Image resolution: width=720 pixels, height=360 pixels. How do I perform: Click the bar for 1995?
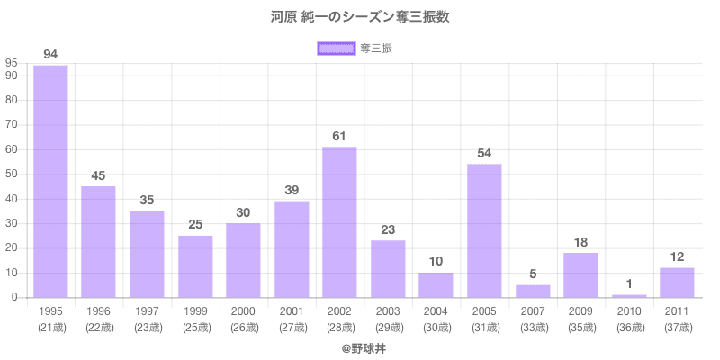(x=50, y=181)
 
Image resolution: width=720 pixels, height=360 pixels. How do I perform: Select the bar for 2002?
(x=339, y=222)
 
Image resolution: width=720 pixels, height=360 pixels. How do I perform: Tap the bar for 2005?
(x=484, y=230)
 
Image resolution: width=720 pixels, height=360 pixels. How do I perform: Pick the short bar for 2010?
(x=629, y=295)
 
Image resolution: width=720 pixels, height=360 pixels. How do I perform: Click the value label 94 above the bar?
(x=50, y=55)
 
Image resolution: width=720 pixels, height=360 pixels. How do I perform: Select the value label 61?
(x=339, y=136)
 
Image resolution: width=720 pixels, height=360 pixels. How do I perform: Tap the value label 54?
(x=484, y=153)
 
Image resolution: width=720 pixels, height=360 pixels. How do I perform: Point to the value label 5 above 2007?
(x=533, y=274)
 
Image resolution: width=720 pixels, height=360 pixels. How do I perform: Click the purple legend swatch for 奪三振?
(x=335, y=48)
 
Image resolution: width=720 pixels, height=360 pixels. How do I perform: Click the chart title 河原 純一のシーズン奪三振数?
(x=360, y=16)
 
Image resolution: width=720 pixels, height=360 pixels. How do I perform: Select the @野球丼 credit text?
(x=360, y=346)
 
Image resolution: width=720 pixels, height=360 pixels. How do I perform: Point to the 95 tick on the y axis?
(x=12, y=63)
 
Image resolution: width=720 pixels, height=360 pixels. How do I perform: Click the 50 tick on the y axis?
(x=12, y=174)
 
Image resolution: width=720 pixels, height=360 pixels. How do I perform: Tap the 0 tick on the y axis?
(x=15, y=297)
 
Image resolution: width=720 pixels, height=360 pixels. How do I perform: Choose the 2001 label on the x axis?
(x=292, y=311)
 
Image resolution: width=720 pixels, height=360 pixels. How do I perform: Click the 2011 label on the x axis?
(x=677, y=311)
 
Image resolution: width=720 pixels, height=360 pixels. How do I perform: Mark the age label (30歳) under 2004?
(x=436, y=327)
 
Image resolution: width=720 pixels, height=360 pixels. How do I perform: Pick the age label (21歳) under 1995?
(x=50, y=327)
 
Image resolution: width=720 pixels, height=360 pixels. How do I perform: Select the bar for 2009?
(x=580, y=274)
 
